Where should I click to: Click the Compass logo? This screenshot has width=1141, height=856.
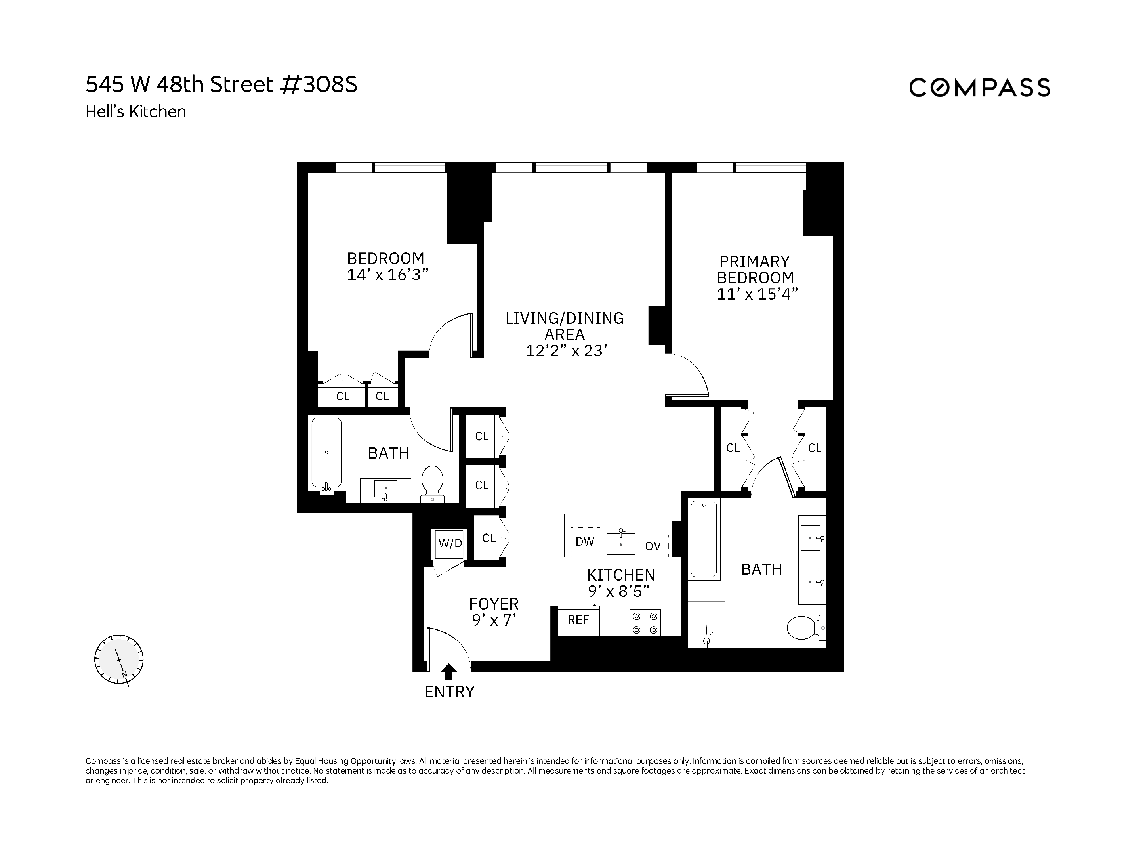pos(979,87)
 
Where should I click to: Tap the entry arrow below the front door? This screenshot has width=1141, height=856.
pos(449,672)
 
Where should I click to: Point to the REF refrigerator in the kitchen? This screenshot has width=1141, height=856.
pos(578,620)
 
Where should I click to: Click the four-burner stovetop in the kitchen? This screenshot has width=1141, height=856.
pos(645,623)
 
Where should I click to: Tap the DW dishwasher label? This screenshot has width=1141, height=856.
pos(585,542)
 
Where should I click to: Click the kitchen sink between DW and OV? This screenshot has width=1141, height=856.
pos(620,543)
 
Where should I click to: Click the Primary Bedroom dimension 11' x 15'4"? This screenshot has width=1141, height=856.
pos(757,294)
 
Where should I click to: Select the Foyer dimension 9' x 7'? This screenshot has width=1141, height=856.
pos(494,620)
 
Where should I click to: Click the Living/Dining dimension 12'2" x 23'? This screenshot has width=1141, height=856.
pos(566,351)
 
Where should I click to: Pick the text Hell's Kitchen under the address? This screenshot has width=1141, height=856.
pos(135,112)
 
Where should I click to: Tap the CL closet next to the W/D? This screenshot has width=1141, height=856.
pos(489,538)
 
